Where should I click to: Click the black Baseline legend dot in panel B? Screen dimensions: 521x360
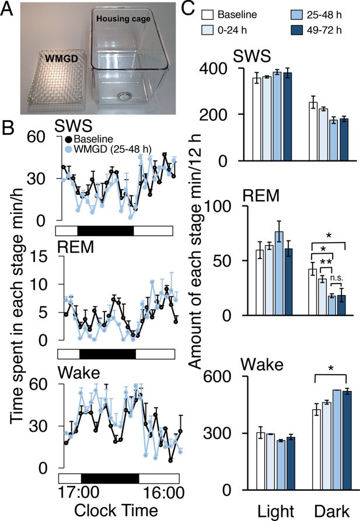(68, 139)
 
